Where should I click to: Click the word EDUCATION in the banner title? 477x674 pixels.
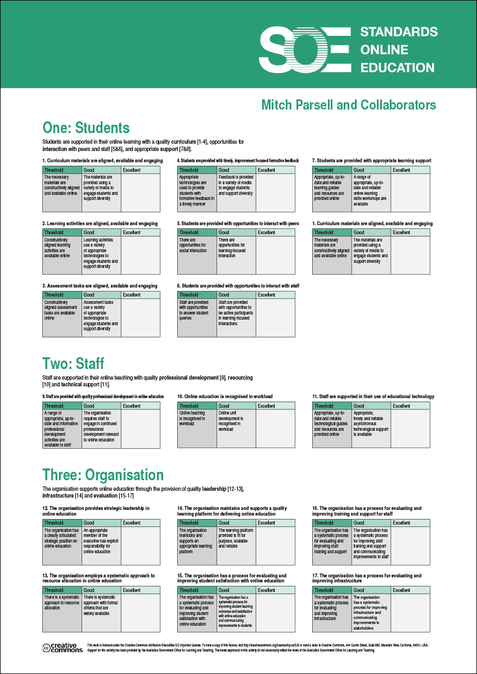pyautogui.click(x=397, y=67)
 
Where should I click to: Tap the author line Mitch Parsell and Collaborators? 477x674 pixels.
pyautogui.click(x=348, y=105)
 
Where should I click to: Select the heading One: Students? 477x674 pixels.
pyautogui.click(x=86, y=127)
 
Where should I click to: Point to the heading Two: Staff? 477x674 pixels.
pyautogui.click(x=73, y=363)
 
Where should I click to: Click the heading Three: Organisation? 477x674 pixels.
pyautogui.click(x=103, y=475)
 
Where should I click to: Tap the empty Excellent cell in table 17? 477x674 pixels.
pyautogui.click(x=411, y=612)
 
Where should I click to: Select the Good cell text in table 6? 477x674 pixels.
pyautogui.click(x=236, y=313)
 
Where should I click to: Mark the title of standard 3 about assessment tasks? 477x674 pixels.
pyautogui.click(x=100, y=286)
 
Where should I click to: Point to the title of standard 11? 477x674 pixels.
pyautogui.click(x=373, y=397)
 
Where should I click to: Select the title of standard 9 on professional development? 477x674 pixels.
pyautogui.click(x=103, y=397)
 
